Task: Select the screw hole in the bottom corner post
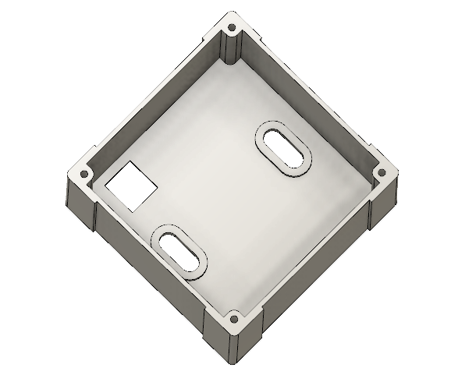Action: (232, 320)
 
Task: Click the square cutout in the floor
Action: (132, 185)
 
